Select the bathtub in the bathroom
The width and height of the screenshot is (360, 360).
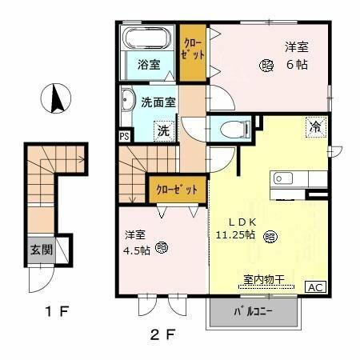click(146, 38)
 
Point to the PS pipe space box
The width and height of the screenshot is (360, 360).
click(124, 136)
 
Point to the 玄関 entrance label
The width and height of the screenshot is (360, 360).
click(42, 249)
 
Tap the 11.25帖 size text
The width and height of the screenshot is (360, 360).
click(234, 235)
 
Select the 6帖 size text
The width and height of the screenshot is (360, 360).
click(298, 65)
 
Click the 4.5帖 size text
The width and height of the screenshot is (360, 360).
click(136, 250)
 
